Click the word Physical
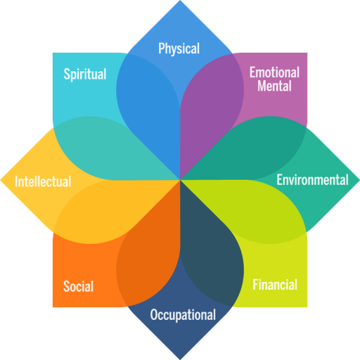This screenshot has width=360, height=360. [x=179, y=49]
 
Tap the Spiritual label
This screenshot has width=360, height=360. [x=85, y=74]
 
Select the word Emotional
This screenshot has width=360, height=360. [x=274, y=72]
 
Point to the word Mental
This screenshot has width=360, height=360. [x=274, y=86]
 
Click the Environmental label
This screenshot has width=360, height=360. [x=312, y=180]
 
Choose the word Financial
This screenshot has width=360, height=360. [x=275, y=285]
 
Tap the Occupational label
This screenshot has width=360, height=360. [x=183, y=315]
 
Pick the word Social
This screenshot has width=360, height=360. [x=78, y=286]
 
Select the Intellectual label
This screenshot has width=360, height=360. [x=43, y=181]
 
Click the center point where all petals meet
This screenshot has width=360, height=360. [x=180, y=180]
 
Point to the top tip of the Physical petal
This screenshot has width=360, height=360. [x=180, y=1]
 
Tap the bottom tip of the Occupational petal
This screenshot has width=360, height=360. [x=180, y=359]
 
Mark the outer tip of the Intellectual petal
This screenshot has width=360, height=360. [x=1, y=180]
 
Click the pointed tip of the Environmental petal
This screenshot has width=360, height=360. [x=359, y=180]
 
